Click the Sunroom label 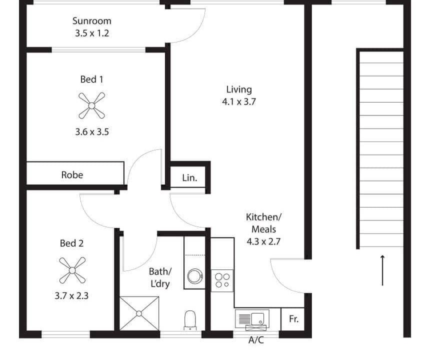[x=92, y=21]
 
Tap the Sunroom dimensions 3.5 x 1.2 [x=92, y=33]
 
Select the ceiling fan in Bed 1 [x=92, y=105]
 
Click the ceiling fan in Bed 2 [x=72, y=270]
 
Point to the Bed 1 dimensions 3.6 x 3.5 [x=92, y=132]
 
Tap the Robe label [x=72, y=174]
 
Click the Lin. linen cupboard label [x=189, y=177]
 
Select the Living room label [x=239, y=89]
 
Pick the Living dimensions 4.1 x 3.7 [x=239, y=101]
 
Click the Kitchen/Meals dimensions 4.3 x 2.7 [x=263, y=241]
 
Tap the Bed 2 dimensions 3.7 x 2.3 [x=71, y=295]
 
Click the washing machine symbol [x=195, y=276]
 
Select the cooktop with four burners [x=222, y=280]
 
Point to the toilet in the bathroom [x=190, y=320]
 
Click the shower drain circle [x=139, y=313]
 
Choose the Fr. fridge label [x=293, y=318]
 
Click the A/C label [x=256, y=340]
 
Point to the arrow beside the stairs [x=382, y=270]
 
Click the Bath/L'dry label [x=160, y=277]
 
